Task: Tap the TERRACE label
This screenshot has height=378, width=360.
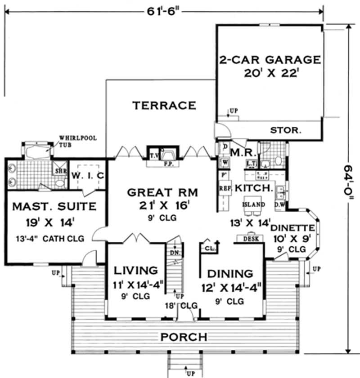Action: (x=164, y=106)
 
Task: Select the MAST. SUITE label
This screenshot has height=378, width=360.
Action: (x=54, y=207)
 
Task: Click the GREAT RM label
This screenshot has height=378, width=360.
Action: (x=162, y=192)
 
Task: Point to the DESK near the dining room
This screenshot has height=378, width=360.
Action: (x=251, y=239)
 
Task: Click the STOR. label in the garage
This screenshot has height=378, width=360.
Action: (x=285, y=130)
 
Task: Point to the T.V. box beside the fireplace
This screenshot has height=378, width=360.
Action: (x=154, y=156)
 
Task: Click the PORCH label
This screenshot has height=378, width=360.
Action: (x=184, y=337)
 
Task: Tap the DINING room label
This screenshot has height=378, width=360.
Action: (x=229, y=273)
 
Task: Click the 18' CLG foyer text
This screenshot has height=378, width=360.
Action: (x=182, y=305)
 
